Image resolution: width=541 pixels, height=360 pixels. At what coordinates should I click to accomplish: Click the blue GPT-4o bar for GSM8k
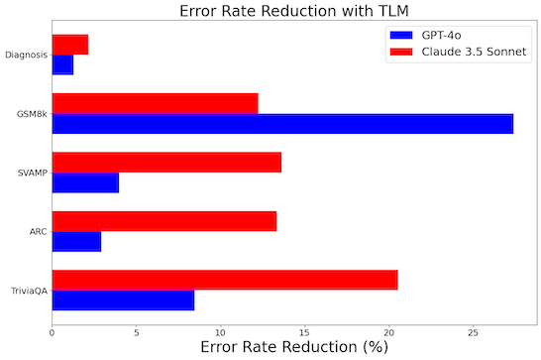pos(282,124)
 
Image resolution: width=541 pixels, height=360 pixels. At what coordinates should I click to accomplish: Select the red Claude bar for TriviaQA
pos(224,280)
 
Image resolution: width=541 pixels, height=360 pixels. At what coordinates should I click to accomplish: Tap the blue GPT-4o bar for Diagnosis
pos(62,64)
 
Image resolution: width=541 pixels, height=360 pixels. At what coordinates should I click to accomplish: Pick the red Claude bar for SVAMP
pos(166,163)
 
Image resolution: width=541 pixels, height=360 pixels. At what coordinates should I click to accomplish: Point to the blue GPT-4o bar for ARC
pos(76,241)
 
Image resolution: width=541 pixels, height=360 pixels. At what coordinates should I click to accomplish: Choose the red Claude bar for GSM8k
pos(155,103)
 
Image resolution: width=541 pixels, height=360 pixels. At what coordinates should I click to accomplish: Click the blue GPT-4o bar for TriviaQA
pos(123,300)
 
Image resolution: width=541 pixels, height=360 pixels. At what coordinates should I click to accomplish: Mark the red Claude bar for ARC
pos(163,221)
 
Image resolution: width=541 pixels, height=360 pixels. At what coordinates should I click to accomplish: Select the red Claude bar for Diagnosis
pos(69,45)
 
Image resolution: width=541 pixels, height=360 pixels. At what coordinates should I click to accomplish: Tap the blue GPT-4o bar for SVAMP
pos(85,182)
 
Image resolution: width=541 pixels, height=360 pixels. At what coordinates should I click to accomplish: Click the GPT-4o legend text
pos(442,33)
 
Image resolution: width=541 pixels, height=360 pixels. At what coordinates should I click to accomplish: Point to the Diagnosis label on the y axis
pos(25,55)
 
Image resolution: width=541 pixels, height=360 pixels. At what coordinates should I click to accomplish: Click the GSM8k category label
pos(30,114)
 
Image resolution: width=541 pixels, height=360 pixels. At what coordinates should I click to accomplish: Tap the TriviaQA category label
pos(27,291)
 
